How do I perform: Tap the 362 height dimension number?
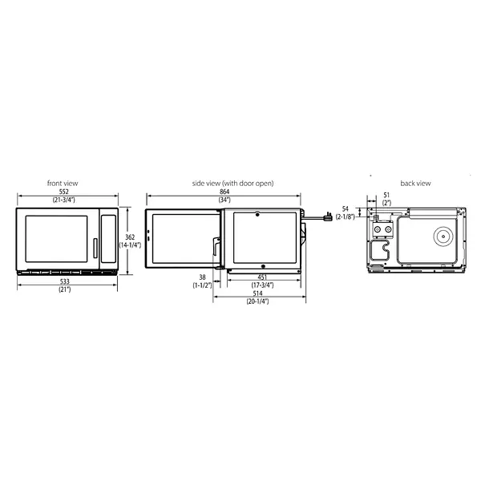coord(129,237)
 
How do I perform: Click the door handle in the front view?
coord(95,249)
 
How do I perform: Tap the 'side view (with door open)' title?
coord(232,184)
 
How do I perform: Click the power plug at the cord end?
coord(328,216)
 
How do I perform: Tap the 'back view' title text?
coord(416,184)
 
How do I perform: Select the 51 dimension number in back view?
coord(386,195)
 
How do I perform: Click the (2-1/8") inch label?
coord(346,216)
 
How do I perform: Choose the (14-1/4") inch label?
coord(130,245)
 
